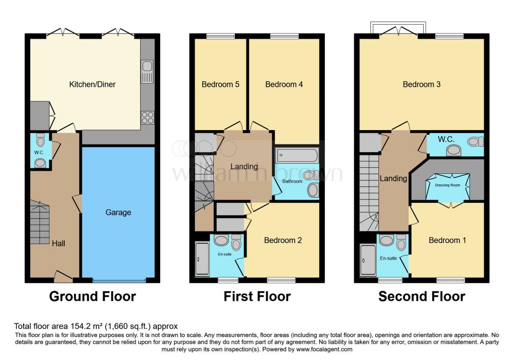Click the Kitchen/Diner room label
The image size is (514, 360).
(x=92, y=84)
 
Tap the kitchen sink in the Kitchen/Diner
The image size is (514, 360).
(x=147, y=72)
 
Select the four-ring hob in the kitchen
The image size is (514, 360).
(x=148, y=117)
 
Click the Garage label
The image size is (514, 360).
(x=118, y=212)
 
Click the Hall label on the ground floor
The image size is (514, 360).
(x=58, y=244)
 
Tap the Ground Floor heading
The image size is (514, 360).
(x=92, y=297)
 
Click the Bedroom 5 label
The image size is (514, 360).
(x=220, y=84)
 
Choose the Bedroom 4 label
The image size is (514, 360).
(x=284, y=84)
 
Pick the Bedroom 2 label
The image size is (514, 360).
(x=283, y=241)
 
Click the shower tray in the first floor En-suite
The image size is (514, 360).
(x=202, y=259)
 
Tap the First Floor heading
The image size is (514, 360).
(x=257, y=297)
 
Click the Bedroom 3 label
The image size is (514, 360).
(x=422, y=84)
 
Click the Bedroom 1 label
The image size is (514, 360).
(x=447, y=241)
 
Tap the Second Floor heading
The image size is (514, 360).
(x=422, y=297)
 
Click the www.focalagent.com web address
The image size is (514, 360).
(x=324, y=349)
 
